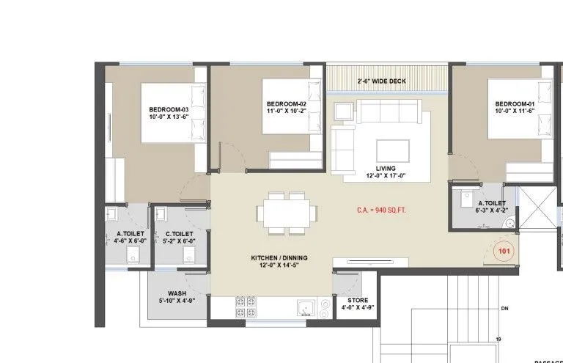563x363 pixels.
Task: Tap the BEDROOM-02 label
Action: pyautogui.click(x=286, y=109)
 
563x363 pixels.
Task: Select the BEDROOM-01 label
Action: pyautogui.click(x=514, y=108)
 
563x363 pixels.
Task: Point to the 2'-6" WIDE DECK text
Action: pyautogui.click(x=386, y=80)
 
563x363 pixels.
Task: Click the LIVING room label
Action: pyautogui.click(x=386, y=172)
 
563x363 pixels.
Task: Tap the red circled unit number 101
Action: pyautogui.click(x=505, y=251)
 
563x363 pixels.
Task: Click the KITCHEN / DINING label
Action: pyautogui.click(x=278, y=262)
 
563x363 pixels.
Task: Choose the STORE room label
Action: pyautogui.click(x=358, y=304)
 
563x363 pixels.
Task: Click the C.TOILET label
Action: pyautogui.click(x=178, y=237)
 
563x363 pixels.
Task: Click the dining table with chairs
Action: pyautogui.click(x=287, y=213)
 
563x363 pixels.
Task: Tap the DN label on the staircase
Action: pyautogui.click(x=504, y=309)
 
